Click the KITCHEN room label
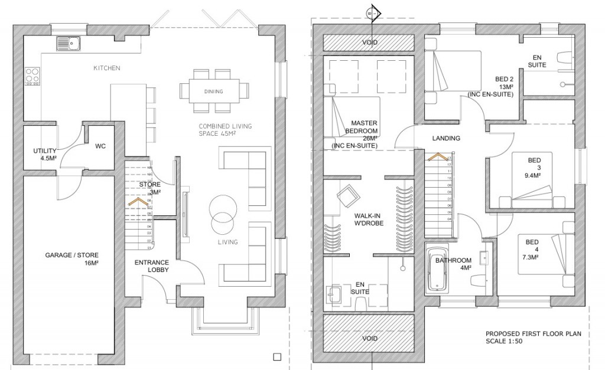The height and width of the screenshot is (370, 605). (107, 68)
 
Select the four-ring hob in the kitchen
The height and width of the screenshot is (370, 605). (32, 76)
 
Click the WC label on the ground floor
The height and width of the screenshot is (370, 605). (100, 146)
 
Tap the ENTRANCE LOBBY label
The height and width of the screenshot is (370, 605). (152, 266)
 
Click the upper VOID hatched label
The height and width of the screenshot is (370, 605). (370, 43)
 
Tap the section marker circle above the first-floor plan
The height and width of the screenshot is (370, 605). (372, 11)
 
